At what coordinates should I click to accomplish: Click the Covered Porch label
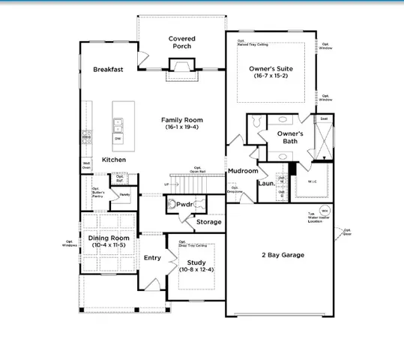tap(181, 42)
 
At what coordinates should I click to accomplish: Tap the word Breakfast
tap(108, 69)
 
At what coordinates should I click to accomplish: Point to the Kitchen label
tap(114, 160)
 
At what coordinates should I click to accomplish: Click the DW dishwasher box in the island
tap(118, 139)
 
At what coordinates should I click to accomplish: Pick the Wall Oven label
tap(86, 165)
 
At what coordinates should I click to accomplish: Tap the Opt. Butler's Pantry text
tap(97, 192)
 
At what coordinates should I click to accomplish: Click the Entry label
tap(152, 257)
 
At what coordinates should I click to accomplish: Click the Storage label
tap(208, 222)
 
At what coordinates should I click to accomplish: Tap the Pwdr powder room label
tap(185, 204)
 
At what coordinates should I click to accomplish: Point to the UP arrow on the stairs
tap(166, 184)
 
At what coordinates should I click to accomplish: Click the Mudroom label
tap(243, 171)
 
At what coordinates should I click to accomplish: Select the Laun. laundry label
tap(265, 183)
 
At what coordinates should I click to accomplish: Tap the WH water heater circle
tap(325, 210)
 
